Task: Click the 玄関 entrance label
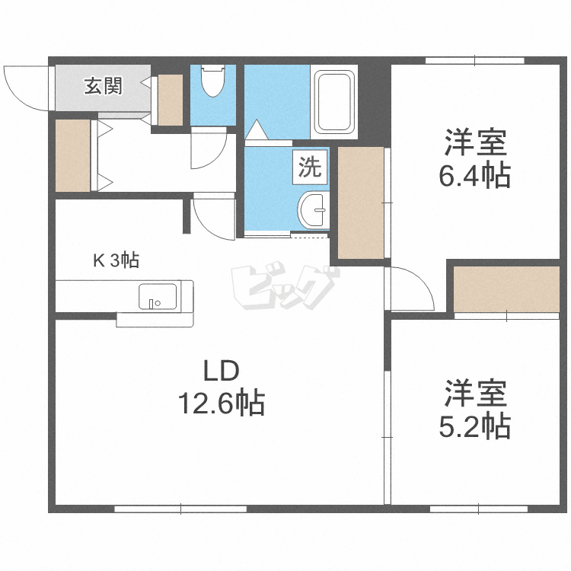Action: (103, 87)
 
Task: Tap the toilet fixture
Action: (212, 81)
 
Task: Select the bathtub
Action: (335, 102)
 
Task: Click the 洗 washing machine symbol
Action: (310, 167)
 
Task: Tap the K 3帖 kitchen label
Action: (116, 261)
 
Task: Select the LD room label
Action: (221, 371)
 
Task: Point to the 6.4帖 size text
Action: (474, 176)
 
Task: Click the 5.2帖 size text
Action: (474, 426)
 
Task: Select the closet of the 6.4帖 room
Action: (361, 203)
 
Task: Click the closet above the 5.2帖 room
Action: (506, 289)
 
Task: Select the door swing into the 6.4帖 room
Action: (411, 289)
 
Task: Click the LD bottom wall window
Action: (180, 509)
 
